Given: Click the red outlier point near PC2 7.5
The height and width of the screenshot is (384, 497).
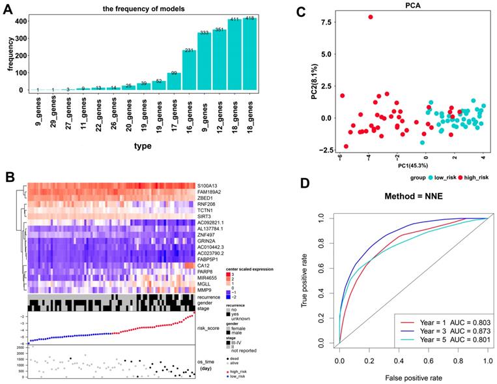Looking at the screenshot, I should [371, 17].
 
